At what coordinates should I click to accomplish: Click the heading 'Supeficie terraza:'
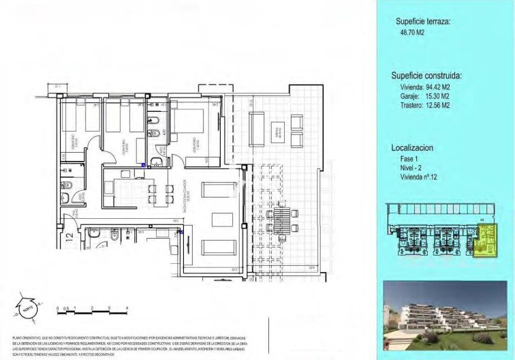coord(422,22)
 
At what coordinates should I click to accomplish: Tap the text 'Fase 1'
coord(411,158)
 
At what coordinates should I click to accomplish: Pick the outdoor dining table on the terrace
coord(279,220)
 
